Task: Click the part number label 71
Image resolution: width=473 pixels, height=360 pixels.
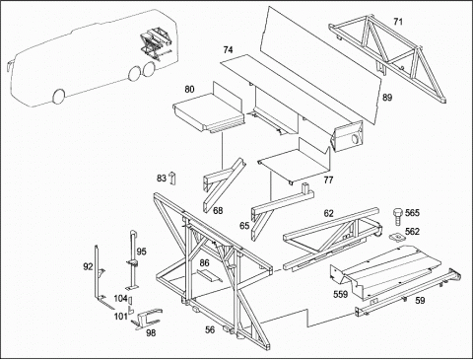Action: click(x=398, y=22)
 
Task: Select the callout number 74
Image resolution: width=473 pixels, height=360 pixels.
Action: click(x=228, y=49)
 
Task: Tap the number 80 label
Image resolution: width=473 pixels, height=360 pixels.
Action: click(x=189, y=89)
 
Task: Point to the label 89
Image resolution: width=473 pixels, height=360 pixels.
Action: click(x=387, y=98)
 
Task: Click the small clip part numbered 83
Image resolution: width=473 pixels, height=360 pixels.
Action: click(x=172, y=179)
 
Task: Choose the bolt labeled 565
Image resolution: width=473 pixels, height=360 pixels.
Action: click(x=397, y=216)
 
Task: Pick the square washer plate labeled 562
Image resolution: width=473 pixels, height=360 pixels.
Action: click(x=397, y=237)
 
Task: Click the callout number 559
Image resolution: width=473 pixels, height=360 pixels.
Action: click(x=340, y=294)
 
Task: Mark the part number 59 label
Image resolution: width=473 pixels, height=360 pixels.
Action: click(x=420, y=300)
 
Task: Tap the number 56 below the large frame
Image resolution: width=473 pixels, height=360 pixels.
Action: click(x=210, y=329)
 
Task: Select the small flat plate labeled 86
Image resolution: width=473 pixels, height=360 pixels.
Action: click(x=209, y=275)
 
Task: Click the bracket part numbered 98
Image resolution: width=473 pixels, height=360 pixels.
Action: click(x=146, y=319)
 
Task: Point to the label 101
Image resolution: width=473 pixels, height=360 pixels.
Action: click(x=120, y=317)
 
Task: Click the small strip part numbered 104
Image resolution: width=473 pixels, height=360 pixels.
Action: click(x=130, y=300)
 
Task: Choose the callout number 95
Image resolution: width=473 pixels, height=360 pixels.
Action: click(x=141, y=252)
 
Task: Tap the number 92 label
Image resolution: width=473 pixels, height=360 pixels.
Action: click(x=88, y=266)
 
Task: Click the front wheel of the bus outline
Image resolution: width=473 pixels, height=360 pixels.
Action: click(x=59, y=97)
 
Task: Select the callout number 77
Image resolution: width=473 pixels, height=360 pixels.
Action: click(x=328, y=180)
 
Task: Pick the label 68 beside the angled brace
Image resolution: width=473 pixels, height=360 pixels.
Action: click(x=218, y=210)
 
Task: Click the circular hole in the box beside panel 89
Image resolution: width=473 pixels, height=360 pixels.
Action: click(x=355, y=139)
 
